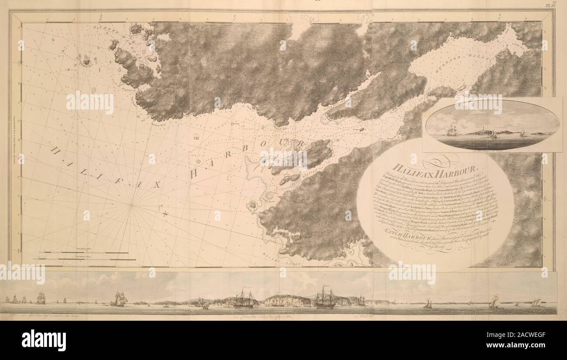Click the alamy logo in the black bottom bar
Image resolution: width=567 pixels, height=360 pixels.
tap(44, 339)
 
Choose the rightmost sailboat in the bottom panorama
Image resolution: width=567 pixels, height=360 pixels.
tap(535, 302)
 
